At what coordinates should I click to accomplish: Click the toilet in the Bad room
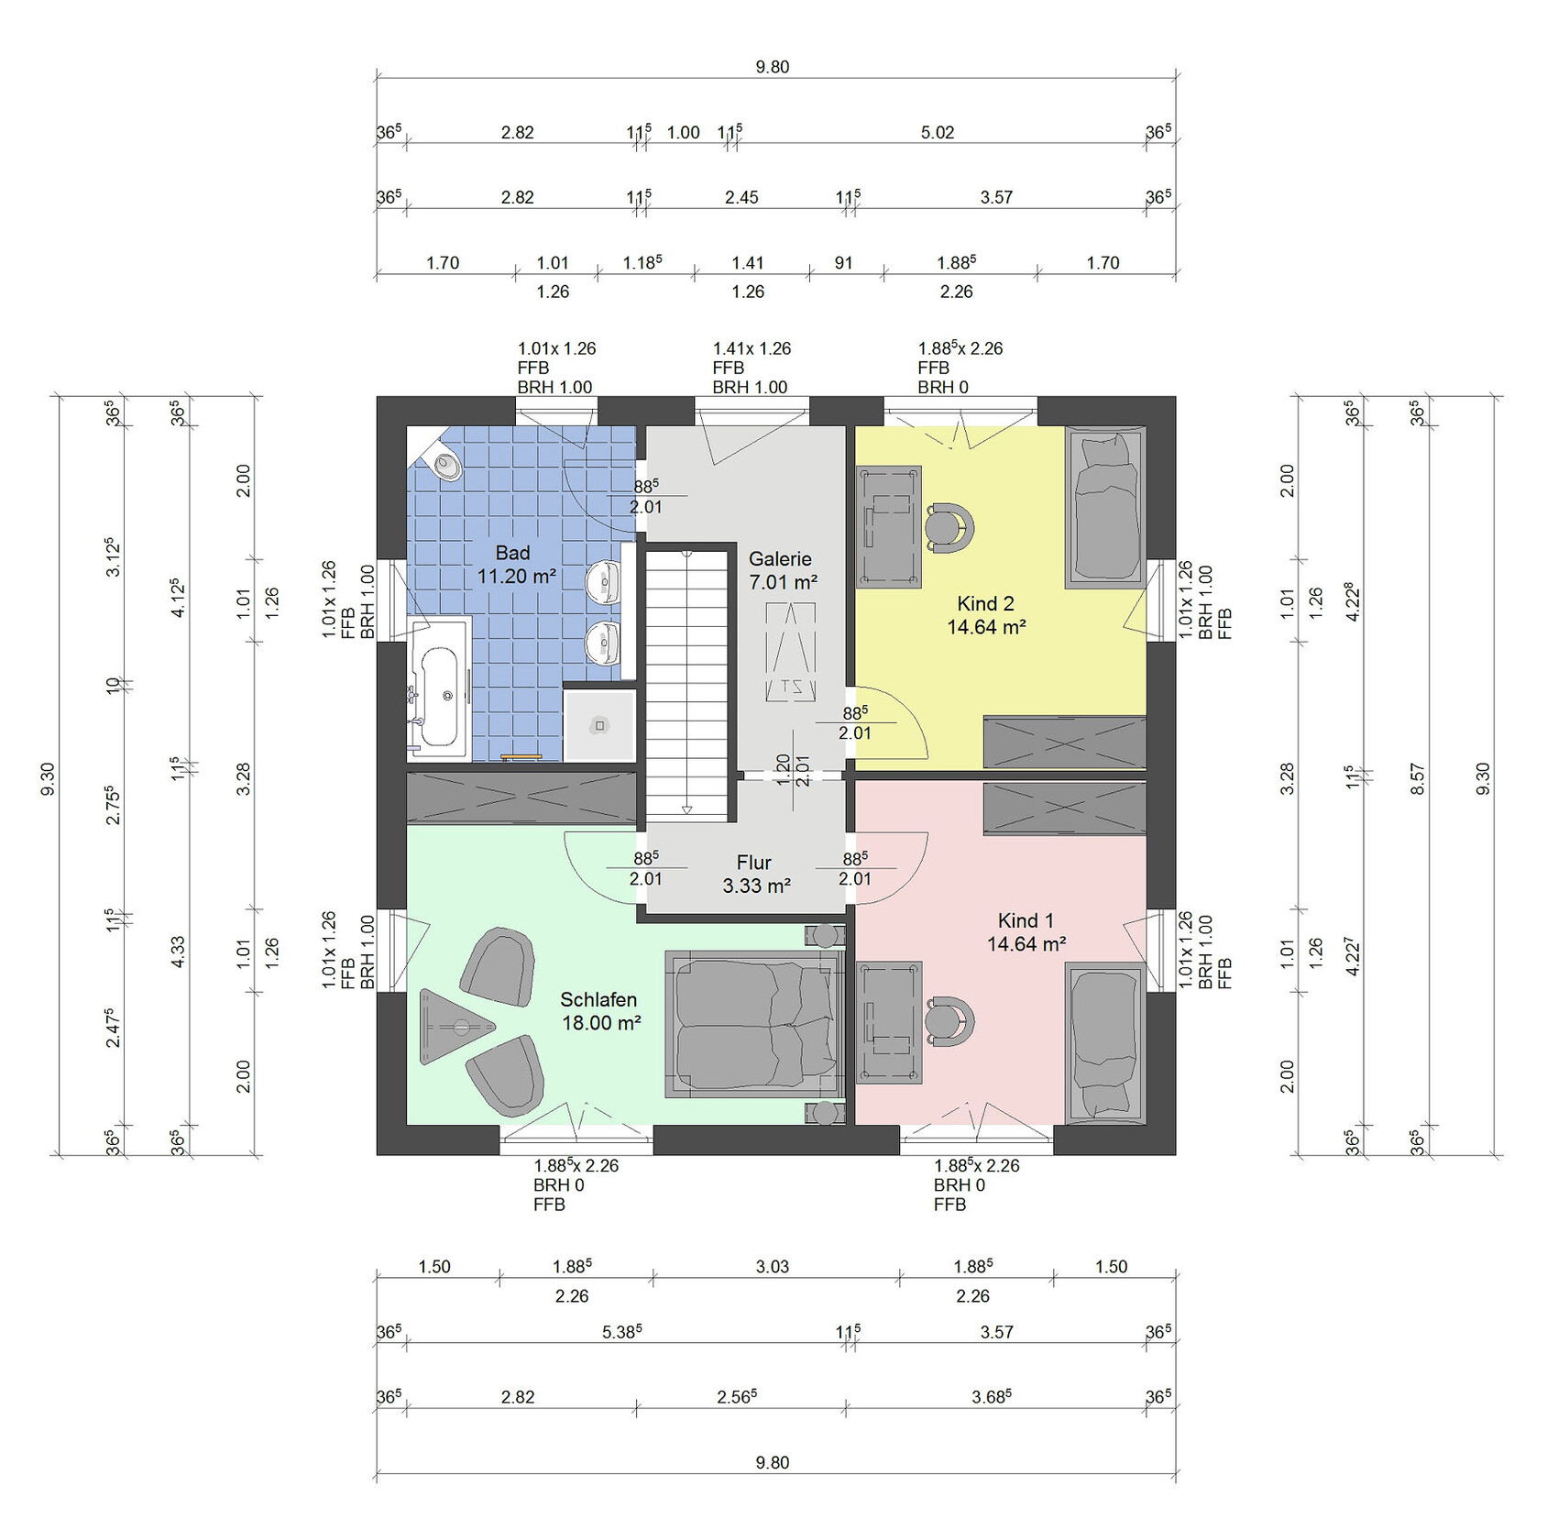[x=446, y=466]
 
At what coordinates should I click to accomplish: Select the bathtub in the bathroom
[x=439, y=688]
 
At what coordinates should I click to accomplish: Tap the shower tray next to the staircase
[x=599, y=724]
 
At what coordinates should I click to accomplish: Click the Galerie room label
[x=780, y=558]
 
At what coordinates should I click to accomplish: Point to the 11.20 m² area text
[x=517, y=576]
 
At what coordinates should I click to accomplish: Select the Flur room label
[x=753, y=863]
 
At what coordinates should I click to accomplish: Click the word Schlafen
[x=598, y=999]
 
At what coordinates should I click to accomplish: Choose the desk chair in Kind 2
[x=949, y=527]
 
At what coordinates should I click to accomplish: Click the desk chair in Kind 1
[x=949, y=1020]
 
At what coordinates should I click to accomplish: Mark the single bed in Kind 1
[x=1105, y=1043]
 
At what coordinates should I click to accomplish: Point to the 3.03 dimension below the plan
[x=773, y=1266]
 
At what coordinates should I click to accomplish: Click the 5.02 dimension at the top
[x=938, y=132]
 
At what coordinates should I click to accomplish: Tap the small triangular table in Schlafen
[x=453, y=1026]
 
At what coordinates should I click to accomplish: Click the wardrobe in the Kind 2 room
[x=1064, y=742]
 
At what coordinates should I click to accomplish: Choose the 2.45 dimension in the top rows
[x=741, y=197]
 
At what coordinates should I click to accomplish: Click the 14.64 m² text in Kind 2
[x=986, y=627]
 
